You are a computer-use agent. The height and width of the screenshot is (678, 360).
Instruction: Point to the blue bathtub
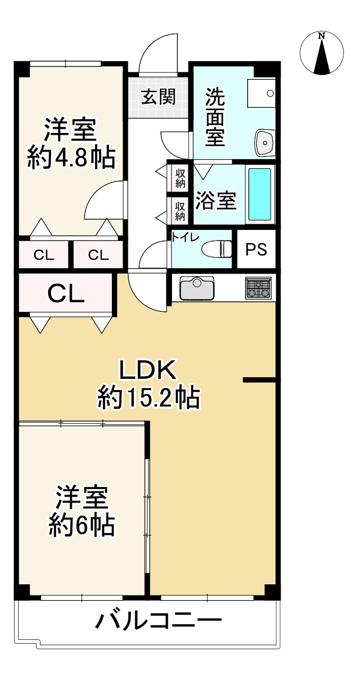click(x=260, y=194)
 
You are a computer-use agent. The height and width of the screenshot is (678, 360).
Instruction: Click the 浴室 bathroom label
click(x=216, y=201)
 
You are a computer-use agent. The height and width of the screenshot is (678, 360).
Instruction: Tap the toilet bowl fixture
click(x=218, y=249)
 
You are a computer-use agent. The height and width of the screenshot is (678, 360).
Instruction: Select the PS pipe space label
click(x=256, y=249)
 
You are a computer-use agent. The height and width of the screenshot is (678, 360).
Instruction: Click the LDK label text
click(x=147, y=369)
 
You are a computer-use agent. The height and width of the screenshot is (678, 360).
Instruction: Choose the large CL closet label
click(x=66, y=293)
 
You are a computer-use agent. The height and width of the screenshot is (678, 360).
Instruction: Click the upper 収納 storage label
click(x=180, y=178)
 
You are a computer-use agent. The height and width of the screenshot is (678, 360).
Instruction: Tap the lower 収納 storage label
click(x=180, y=211)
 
